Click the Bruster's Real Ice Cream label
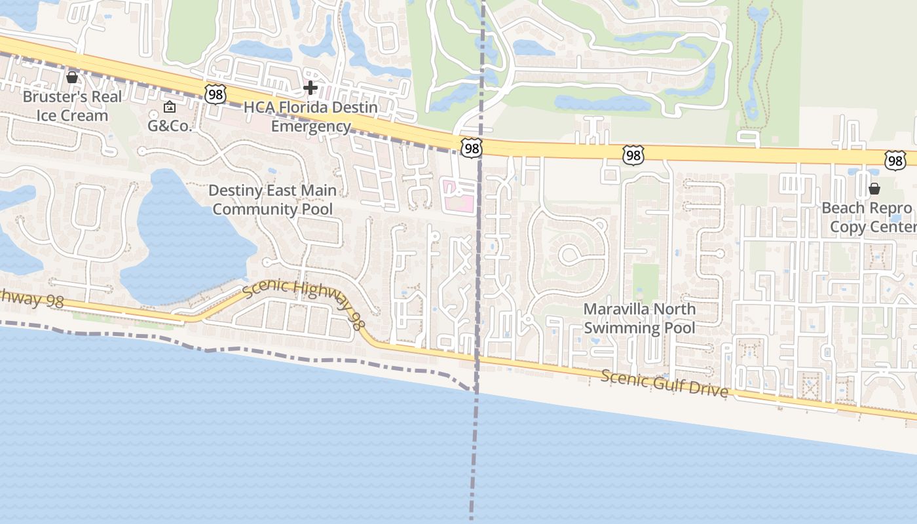tap(72, 106)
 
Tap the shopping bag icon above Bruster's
tap(72, 78)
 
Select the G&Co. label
tap(170, 126)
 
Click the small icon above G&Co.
tap(170, 107)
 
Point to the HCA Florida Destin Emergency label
tap(310, 117)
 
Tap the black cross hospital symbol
tap(310, 87)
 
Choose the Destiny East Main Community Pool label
tap(272, 200)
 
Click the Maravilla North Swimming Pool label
tap(639, 318)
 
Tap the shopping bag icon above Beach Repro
tap(874, 189)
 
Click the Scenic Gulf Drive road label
tap(664, 383)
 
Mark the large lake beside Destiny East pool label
tap(183, 242)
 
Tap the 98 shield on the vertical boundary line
tap(471, 148)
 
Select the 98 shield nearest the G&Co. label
tap(215, 94)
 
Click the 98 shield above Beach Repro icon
tap(895, 160)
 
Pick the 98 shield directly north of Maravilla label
tap(633, 155)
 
